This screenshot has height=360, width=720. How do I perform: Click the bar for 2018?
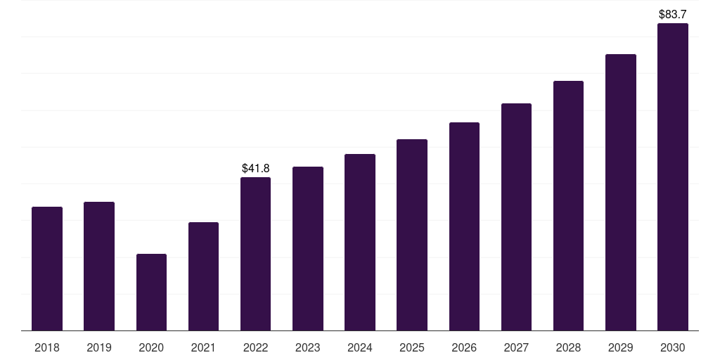(x=47, y=269)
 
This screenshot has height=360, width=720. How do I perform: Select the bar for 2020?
(x=152, y=292)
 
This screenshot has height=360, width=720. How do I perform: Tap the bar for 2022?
(x=255, y=254)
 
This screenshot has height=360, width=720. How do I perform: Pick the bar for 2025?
(x=412, y=235)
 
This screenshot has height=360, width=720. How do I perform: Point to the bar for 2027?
(x=516, y=217)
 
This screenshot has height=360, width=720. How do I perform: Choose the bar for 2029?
(x=621, y=193)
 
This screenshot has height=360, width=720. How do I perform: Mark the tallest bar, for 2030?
(x=673, y=176)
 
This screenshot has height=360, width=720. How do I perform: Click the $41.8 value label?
(x=256, y=168)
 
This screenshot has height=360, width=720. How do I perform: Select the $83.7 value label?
(x=673, y=14)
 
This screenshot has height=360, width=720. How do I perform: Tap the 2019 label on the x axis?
(x=99, y=347)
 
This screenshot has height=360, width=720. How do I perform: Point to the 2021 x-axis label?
(x=203, y=347)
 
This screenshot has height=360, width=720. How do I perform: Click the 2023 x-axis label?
(x=308, y=347)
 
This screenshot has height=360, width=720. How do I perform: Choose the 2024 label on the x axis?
(x=360, y=347)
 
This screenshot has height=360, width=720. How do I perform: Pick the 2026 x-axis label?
(x=464, y=347)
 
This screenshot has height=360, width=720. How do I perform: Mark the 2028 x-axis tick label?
(x=568, y=347)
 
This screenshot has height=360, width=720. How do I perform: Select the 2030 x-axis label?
(x=673, y=347)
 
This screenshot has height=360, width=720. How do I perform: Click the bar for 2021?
(x=203, y=276)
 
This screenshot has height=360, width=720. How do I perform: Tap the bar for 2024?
(x=360, y=243)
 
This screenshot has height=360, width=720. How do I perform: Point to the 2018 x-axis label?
(x=47, y=347)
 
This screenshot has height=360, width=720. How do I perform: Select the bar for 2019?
(x=99, y=266)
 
